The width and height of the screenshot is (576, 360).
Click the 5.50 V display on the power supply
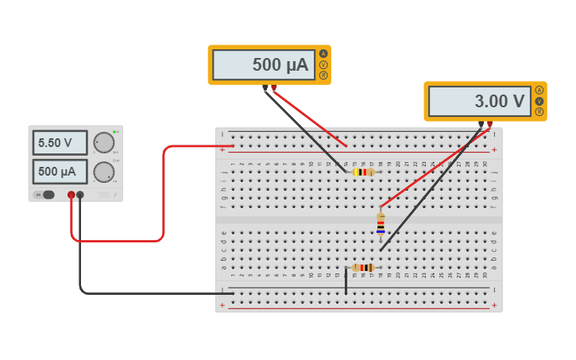[60, 143]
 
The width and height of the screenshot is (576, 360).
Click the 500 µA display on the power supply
[60, 172]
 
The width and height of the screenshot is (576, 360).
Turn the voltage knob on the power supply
[103, 143]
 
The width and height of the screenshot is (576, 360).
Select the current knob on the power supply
[103, 172]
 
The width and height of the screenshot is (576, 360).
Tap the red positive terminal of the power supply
[72, 195]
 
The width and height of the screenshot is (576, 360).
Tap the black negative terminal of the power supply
[80, 195]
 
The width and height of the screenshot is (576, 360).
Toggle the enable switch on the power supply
[47, 195]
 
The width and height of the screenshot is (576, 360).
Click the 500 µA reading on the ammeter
[264, 65]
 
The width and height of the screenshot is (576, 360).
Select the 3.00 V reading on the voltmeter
[479, 102]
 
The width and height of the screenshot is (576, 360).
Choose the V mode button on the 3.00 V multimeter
[539, 101]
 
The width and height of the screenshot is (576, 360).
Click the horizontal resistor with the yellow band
[363, 172]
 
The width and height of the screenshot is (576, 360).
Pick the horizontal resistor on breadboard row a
[363, 268]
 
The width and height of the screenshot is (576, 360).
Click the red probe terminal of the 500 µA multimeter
[274, 87]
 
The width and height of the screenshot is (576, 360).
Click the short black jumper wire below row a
[346, 281]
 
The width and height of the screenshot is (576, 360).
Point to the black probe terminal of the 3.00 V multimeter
[481, 124]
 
